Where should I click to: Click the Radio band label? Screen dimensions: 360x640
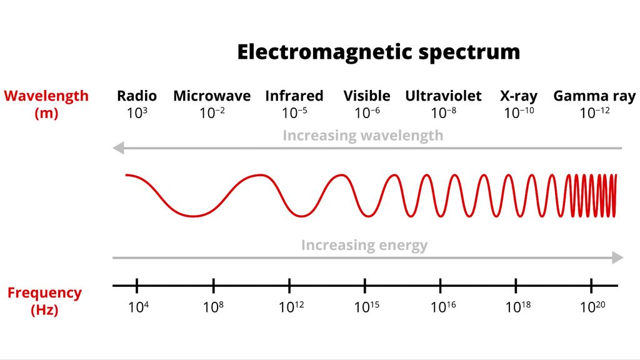tap(137, 96)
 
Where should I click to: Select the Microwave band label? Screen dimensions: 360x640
tap(212, 96)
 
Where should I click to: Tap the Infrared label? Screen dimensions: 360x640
tap(294, 96)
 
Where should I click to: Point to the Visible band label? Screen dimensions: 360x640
tap(367, 96)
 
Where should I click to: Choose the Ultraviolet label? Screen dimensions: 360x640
tap(443, 96)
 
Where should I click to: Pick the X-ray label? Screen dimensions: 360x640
tap(519, 96)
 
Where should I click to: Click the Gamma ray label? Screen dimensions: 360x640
tap(594, 96)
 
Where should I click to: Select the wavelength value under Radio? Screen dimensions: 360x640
tap(137, 113)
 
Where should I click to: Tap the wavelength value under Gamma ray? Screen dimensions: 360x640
tap(594, 113)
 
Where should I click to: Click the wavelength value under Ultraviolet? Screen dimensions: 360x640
tap(443, 113)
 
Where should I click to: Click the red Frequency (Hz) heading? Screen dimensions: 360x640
tap(44, 301)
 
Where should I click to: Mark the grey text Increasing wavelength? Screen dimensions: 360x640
tap(362, 136)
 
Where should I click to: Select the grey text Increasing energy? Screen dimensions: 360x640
tap(364, 245)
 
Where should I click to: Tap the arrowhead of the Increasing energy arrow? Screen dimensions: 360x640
tap(617, 257)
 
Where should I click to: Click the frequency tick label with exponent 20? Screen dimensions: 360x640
tap(592, 307)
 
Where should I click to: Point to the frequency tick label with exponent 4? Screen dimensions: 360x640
tap(137, 307)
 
